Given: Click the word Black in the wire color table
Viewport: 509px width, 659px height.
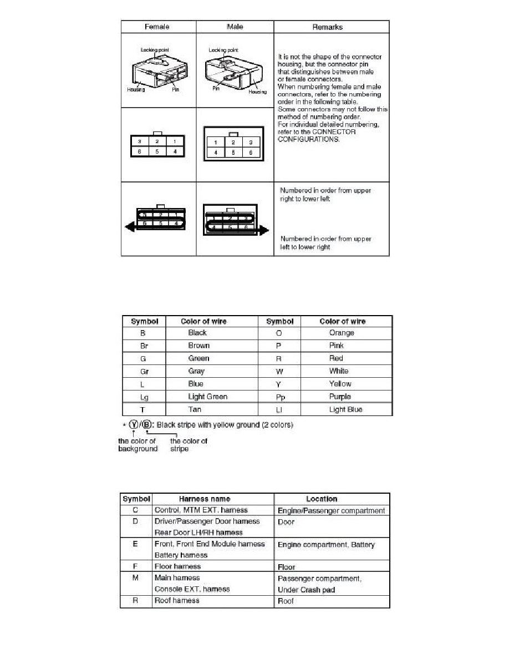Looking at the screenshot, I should pyautogui.click(x=197, y=333).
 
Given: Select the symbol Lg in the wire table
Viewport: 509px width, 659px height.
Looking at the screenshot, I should pyautogui.click(x=144, y=397).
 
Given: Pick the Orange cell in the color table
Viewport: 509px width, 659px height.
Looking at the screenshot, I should pyautogui.click(x=341, y=333).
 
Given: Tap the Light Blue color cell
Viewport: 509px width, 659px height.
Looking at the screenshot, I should pyautogui.click(x=345, y=409).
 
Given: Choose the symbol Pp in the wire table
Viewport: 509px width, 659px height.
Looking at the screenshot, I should pyautogui.click(x=279, y=397).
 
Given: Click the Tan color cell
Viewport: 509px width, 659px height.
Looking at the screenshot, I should pyautogui.click(x=194, y=409).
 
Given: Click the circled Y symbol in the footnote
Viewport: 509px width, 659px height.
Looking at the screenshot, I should pyautogui.click(x=134, y=425).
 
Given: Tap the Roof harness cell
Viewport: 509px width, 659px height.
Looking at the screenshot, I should pyautogui.click(x=176, y=600).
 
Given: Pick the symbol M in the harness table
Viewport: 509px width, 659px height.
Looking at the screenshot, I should pyautogui.click(x=135, y=578).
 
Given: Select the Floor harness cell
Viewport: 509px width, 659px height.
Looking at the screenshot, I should pyautogui.click(x=177, y=566).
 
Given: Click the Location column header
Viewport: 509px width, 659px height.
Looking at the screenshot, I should pyautogui.click(x=322, y=499).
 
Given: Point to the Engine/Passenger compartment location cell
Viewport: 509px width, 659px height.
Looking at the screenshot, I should pyautogui.click(x=330, y=510).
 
